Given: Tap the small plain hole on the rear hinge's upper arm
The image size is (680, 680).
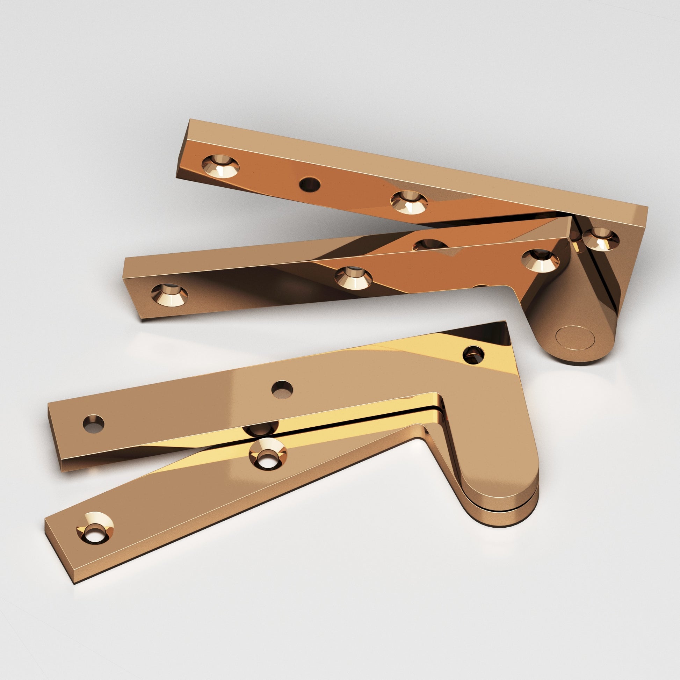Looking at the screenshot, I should [310, 183].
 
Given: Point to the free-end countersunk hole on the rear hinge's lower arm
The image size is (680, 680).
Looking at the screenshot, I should [169, 295].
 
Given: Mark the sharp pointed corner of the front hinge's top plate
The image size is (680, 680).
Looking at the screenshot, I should [505, 323].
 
